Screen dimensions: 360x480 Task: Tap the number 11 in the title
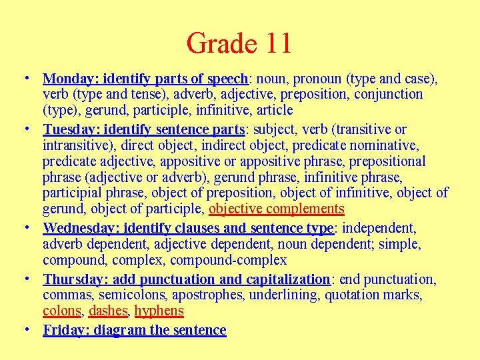[x=277, y=43]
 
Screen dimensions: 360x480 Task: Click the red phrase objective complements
[x=277, y=209]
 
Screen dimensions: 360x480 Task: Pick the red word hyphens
[x=159, y=311]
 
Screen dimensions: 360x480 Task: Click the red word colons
[x=62, y=311]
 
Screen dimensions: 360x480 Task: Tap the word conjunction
[x=388, y=95]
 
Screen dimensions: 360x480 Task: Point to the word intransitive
[x=79, y=145]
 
